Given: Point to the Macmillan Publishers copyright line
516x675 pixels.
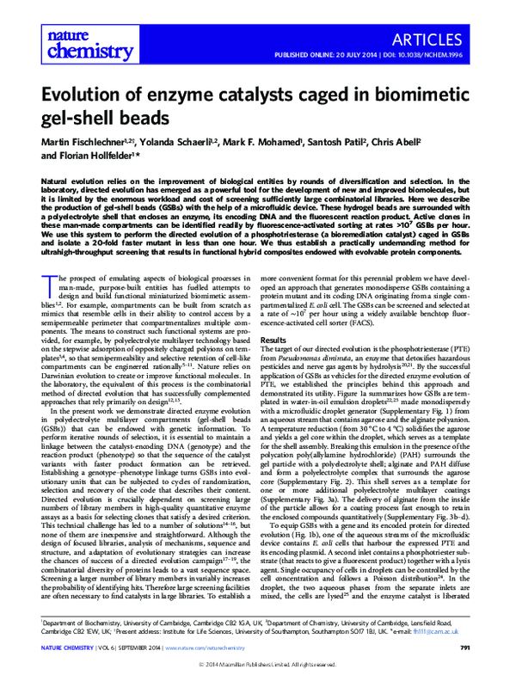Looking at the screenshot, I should tap(257, 664).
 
